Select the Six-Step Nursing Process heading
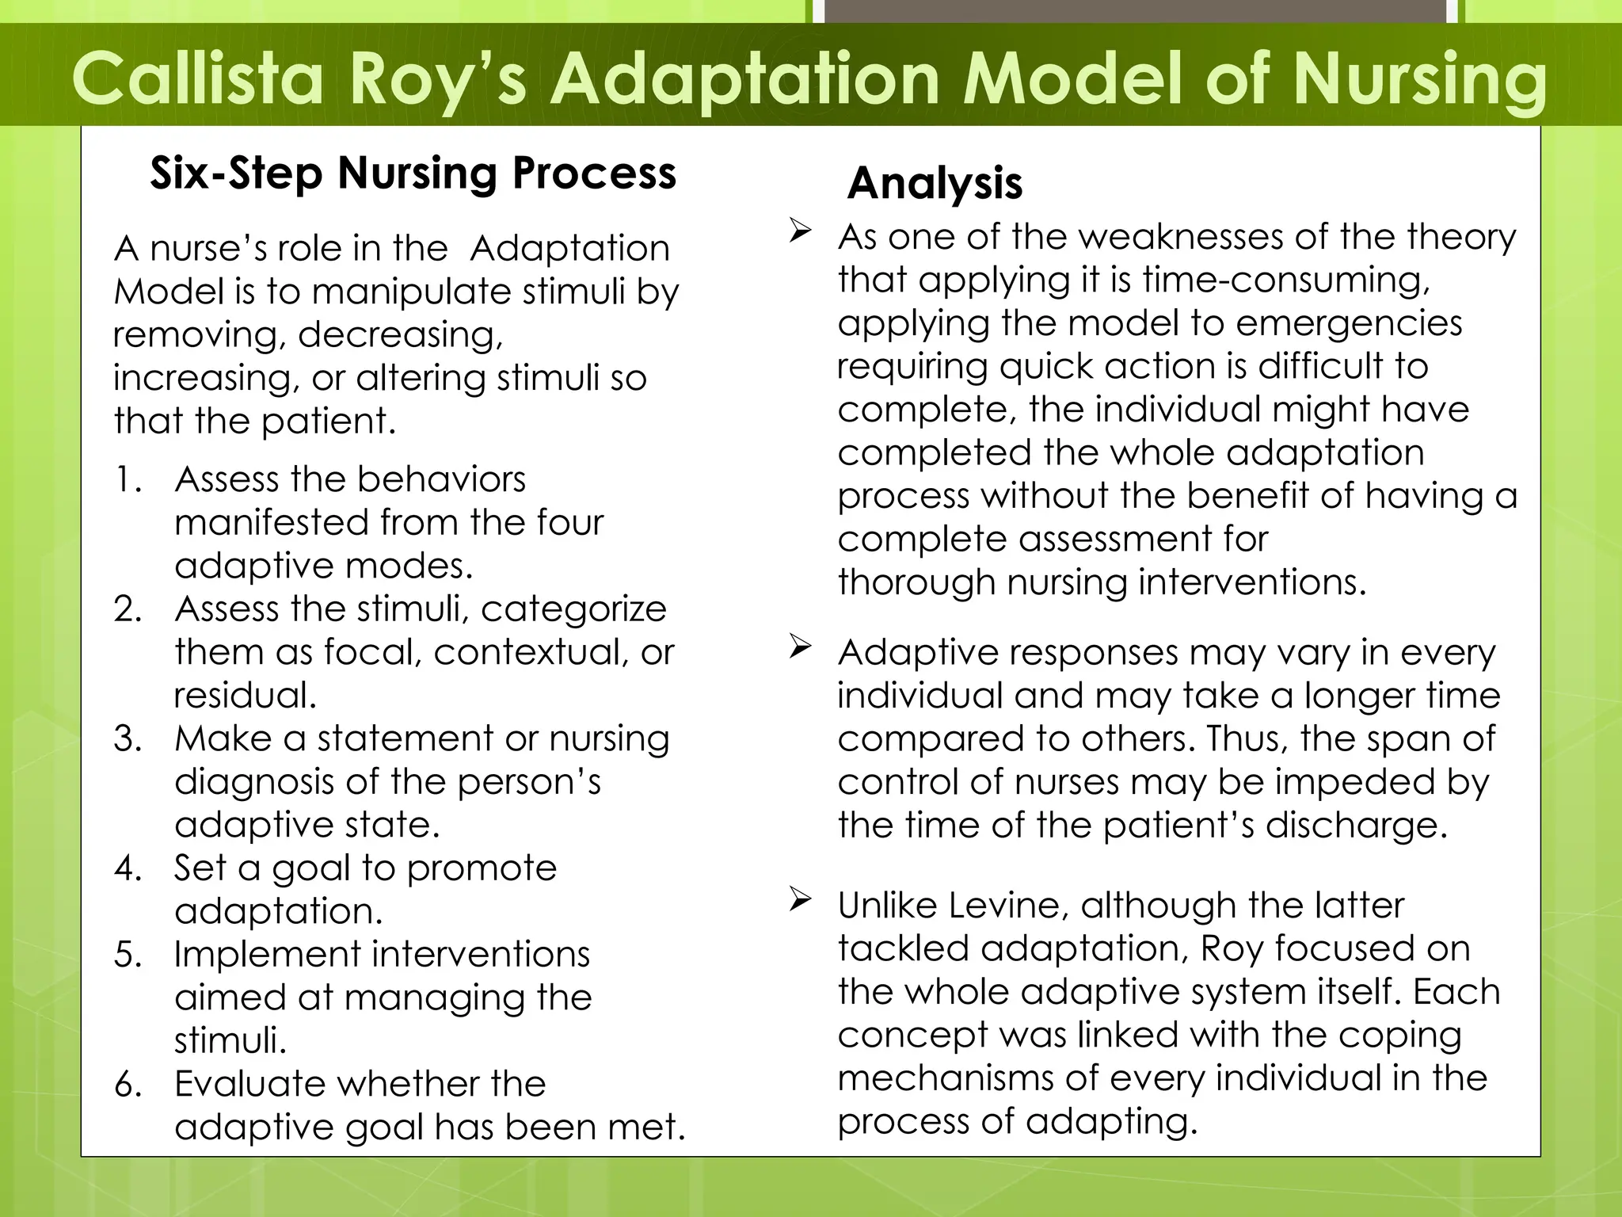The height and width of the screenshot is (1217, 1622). point(413,172)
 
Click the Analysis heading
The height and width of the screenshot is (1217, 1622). point(935,183)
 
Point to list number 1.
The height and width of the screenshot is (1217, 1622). point(128,479)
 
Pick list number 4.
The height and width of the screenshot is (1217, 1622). point(128,868)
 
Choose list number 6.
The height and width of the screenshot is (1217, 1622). point(128,1084)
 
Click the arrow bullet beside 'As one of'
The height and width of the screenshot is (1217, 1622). point(800,232)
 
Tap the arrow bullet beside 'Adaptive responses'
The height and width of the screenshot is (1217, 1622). point(800,648)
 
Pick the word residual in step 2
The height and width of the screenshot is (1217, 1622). point(245,696)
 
